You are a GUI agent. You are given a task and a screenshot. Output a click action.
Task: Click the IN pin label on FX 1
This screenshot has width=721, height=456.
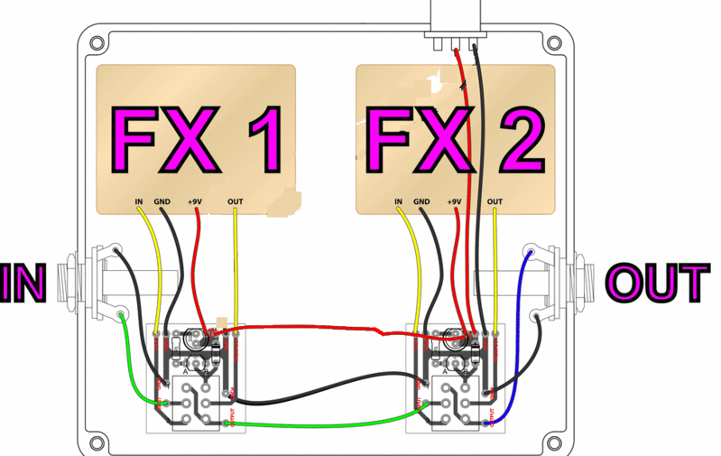tap(139, 201)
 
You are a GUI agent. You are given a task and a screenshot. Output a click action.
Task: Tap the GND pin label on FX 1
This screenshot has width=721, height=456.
tap(163, 201)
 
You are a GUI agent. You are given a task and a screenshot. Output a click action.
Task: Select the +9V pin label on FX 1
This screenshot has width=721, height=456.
tap(196, 201)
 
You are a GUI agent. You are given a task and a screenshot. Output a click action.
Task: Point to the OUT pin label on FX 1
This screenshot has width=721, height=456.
tap(236, 201)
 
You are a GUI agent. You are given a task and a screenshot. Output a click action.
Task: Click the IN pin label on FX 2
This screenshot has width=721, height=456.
tap(398, 201)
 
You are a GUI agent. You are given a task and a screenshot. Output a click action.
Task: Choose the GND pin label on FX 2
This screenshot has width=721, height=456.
tap(422, 201)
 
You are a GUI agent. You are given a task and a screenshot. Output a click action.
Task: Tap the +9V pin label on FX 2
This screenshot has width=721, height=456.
tap(455, 201)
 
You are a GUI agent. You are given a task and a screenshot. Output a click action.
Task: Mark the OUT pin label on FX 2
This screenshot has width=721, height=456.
tap(495, 201)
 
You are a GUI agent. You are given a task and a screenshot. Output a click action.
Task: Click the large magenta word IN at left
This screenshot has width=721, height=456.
tap(24, 284)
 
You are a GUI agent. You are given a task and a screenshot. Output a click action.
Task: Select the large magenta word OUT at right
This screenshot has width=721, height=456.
tap(656, 284)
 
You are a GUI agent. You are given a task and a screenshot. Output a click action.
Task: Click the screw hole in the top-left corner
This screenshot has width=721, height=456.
tap(94, 41)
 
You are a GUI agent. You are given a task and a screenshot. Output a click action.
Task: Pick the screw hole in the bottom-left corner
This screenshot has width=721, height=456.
tap(94, 442)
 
